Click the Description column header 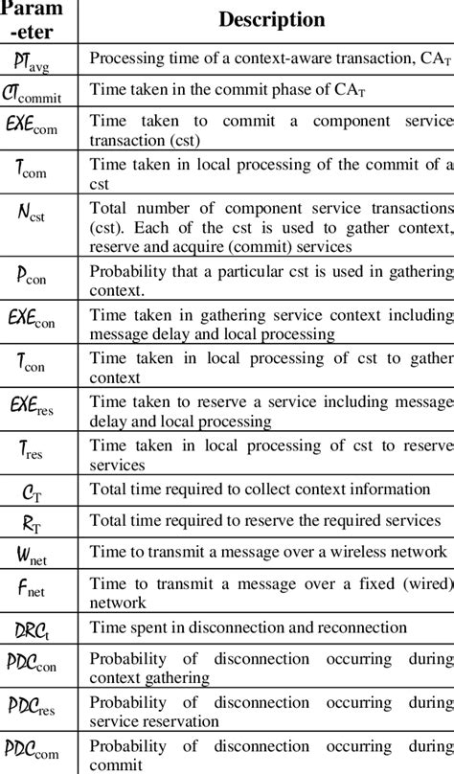pyautogui.click(x=271, y=20)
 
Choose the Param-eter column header pyautogui.click(x=38, y=21)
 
